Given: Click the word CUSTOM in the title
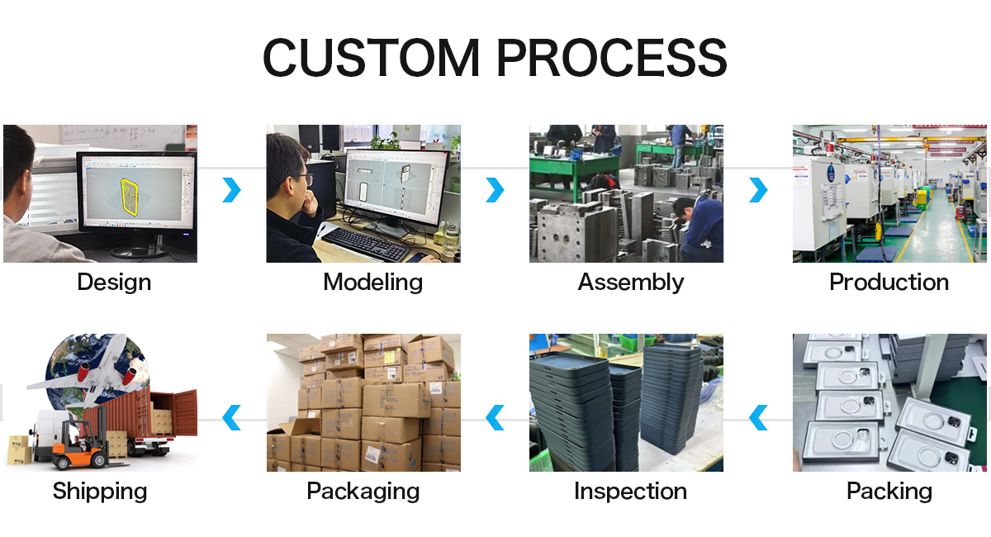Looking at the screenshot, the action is pyautogui.click(x=371, y=58).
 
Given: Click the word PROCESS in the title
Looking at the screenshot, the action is pyautogui.click(x=612, y=58).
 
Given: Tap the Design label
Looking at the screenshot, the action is pyautogui.click(x=114, y=283).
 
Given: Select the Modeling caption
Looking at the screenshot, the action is pyautogui.click(x=373, y=283).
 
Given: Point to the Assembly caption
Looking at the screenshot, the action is pyautogui.click(x=631, y=283).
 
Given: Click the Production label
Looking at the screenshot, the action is pyautogui.click(x=889, y=282).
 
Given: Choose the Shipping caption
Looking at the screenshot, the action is pyautogui.click(x=100, y=492).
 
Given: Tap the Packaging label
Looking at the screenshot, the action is pyautogui.click(x=363, y=492).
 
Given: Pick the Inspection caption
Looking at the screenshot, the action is pyautogui.click(x=630, y=492).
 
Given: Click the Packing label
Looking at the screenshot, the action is pyautogui.click(x=889, y=492).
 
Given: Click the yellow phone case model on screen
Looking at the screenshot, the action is pyautogui.click(x=129, y=197).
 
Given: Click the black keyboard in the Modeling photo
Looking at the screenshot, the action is pyautogui.click(x=365, y=245).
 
